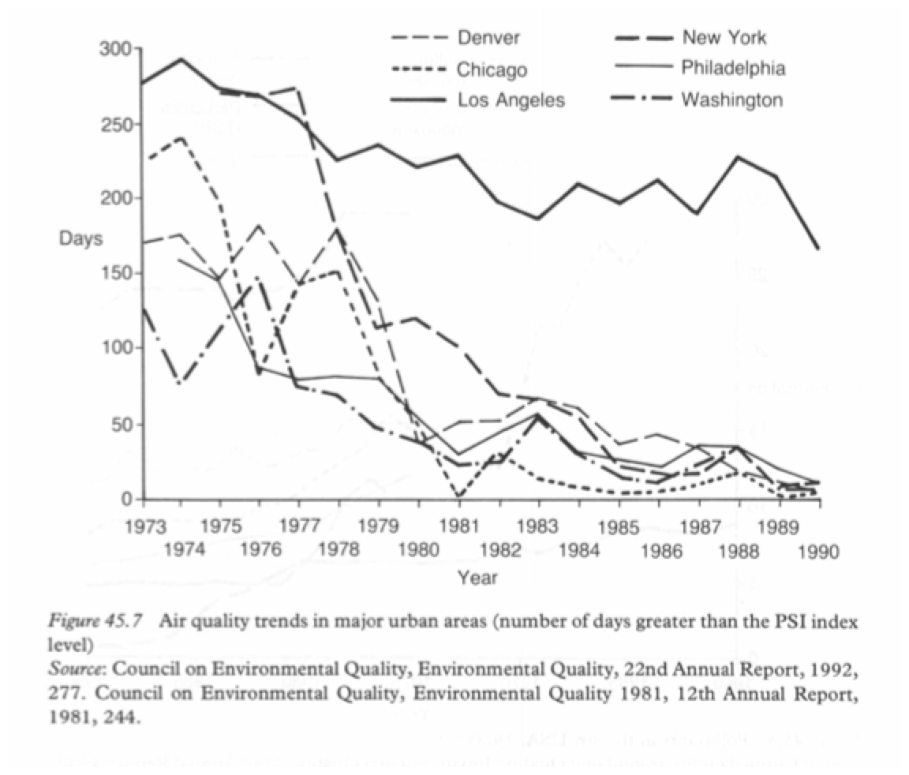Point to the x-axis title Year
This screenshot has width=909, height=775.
pyautogui.click(x=477, y=578)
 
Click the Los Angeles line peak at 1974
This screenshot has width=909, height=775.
pyautogui.click(x=181, y=59)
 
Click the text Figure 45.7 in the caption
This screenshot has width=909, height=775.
pyautogui.click(x=97, y=620)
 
